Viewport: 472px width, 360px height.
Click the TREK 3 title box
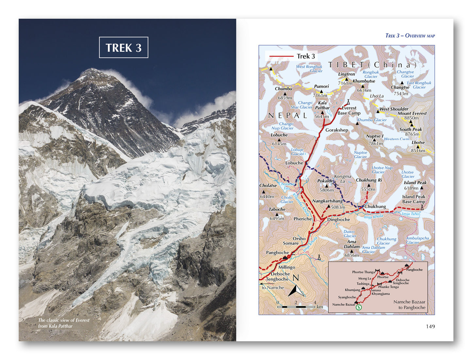pyautogui.click(x=123, y=47)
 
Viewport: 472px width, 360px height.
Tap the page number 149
pyautogui.click(x=430, y=326)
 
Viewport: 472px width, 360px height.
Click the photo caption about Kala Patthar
pyautogui.click(x=63, y=323)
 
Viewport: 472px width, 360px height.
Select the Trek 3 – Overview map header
pyautogui.click(x=410, y=36)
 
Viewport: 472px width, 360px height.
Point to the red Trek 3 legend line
pyautogui.click(x=281, y=56)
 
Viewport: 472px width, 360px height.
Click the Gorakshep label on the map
pyautogui.click(x=336, y=130)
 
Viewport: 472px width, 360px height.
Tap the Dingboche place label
pyautogui.click(x=338, y=219)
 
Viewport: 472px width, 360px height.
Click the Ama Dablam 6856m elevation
pyautogui.click(x=351, y=255)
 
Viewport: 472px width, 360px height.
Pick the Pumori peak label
pyautogui.click(x=321, y=87)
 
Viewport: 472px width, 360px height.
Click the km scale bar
pyautogui.click(x=296, y=307)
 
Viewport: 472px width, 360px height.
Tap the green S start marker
pyautogui.click(x=359, y=307)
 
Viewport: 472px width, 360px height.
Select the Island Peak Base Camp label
pyautogui.click(x=414, y=199)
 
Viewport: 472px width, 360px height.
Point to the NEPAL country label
pyautogui.click(x=287, y=115)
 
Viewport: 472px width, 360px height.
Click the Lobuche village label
pyautogui.click(x=294, y=163)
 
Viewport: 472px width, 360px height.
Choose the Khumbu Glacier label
pyautogui.click(x=372, y=120)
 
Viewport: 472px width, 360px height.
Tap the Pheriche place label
pyautogui.click(x=302, y=219)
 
